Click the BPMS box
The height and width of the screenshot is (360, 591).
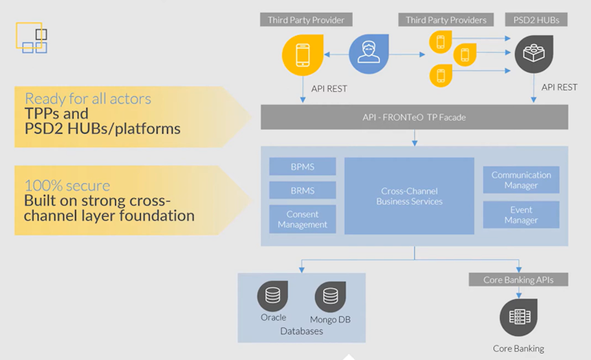click(x=302, y=166)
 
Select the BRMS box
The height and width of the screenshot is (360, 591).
click(x=302, y=191)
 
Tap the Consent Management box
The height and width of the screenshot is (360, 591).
click(x=302, y=219)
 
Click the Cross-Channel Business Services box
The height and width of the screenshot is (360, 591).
click(x=409, y=196)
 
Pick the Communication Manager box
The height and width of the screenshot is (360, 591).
click(x=521, y=180)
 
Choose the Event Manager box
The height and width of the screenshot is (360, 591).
click(x=521, y=214)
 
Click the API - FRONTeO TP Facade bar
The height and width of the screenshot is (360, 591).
click(x=414, y=118)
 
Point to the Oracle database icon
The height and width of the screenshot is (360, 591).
click(x=273, y=297)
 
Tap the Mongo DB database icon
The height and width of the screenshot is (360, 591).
click(x=329, y=297)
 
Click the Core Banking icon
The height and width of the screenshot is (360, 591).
click(x=519, y=317)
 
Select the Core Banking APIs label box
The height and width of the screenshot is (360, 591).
click(x=519, y=280)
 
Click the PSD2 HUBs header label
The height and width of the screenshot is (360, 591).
click(x=535, y=20)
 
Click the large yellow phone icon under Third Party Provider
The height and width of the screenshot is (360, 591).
click(x=302, y=55)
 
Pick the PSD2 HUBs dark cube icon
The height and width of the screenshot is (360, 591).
click(x=535, y=54)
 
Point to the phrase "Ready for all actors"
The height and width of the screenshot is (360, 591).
click(x=87, y=99)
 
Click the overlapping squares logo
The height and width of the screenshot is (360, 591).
click(x=31, y=38)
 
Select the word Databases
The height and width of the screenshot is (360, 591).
click(x=301, y=330)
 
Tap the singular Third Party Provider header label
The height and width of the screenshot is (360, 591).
click(x=306, y=20)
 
